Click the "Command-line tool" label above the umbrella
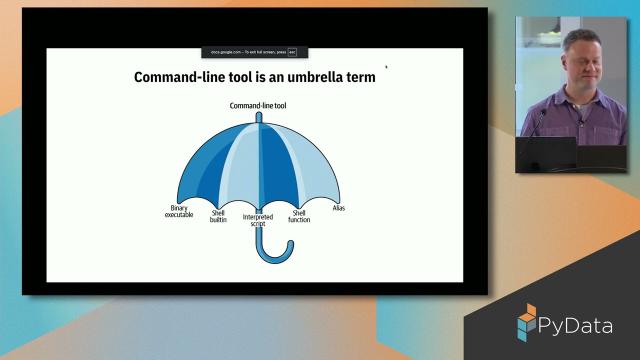click(x=258, y=105)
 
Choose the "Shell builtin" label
click(x=218, y=216)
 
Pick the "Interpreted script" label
click(x=258, y=221)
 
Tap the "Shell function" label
click(x=298, y=216)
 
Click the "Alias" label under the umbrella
click(x=338, y=207)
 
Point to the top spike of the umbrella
click(x=258, y=116)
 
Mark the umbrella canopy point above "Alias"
click(x=338, y=200)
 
